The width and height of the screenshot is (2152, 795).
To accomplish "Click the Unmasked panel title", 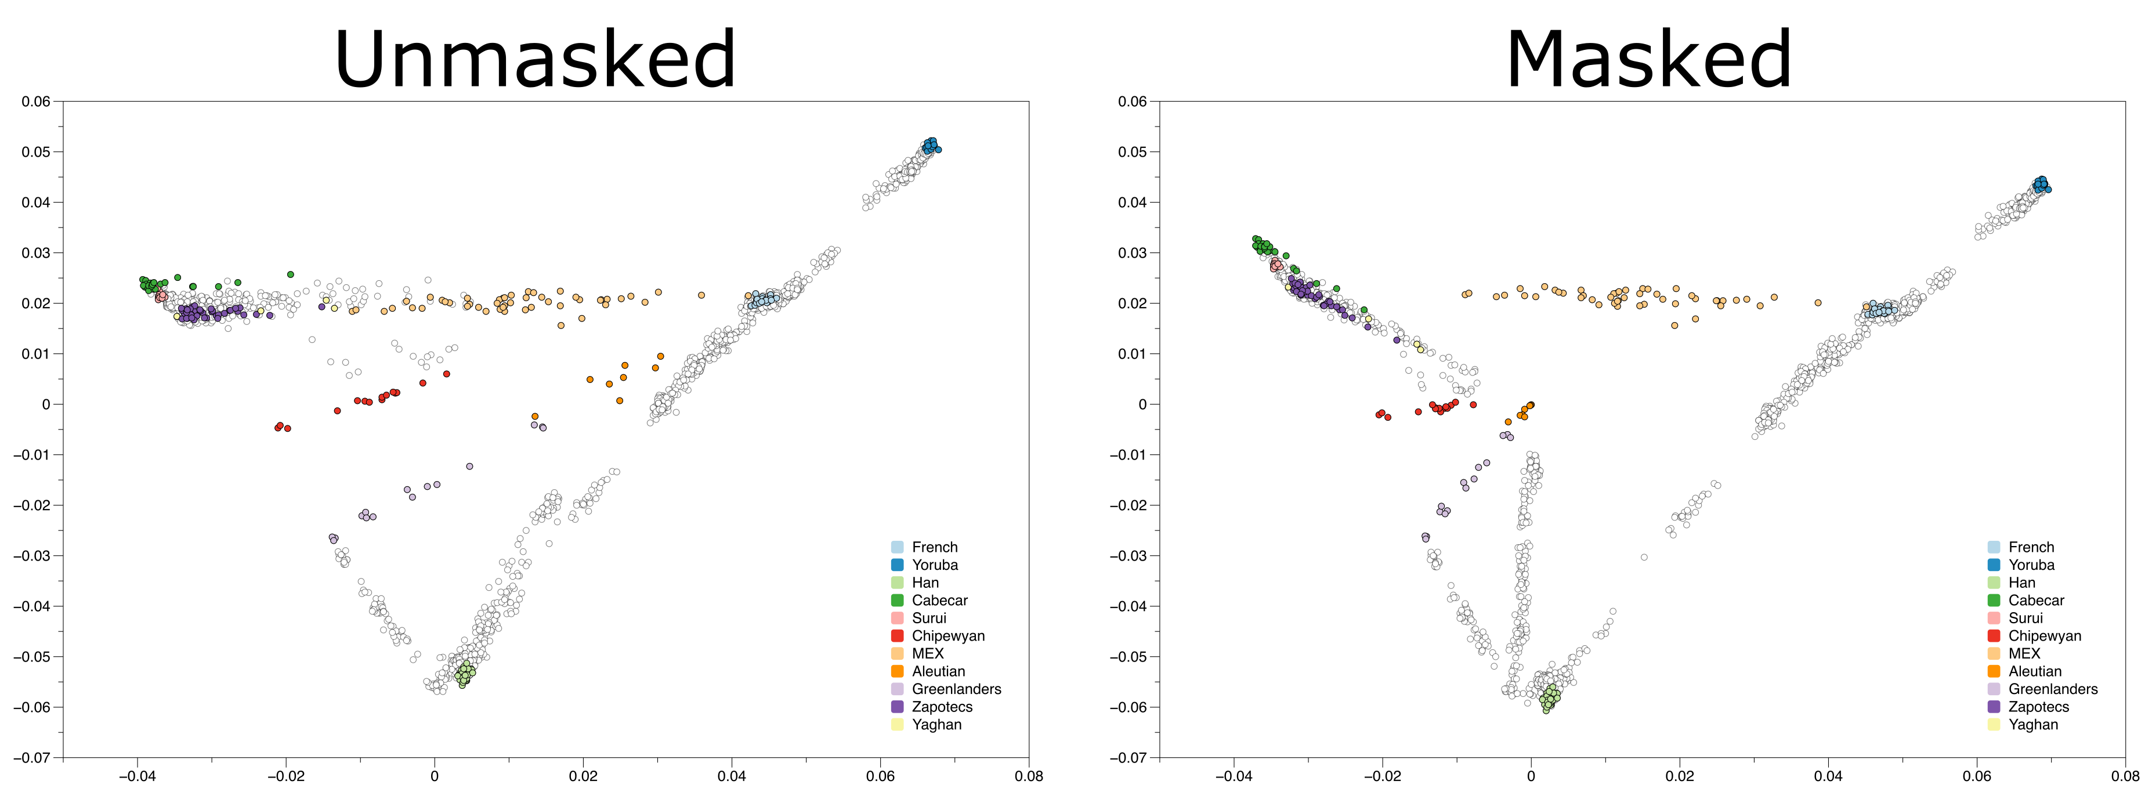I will pyautogui.click(x=534, y=60).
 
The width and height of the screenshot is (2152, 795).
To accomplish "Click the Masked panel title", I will pyautogui.click(x=1648, y=60).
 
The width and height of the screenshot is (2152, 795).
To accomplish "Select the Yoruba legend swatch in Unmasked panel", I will pyautogui.click(x=897, y=565).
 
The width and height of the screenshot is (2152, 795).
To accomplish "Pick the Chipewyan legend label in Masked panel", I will pyautogui.click(x=2044, y=635).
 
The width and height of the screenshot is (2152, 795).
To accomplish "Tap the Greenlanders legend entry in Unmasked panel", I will pyautogui.click(x=956, y=689).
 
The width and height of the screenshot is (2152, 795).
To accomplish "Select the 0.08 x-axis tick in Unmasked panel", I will pyautogui.click(x=1028, y=776).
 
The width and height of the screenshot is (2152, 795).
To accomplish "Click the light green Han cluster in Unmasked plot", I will pyautogui.click(x=465, y=672).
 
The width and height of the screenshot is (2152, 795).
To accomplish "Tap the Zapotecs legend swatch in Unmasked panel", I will pyautogui.click(x=897, y=706).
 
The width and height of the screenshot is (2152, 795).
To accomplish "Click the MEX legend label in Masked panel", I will pyautogui.click(x=2023, y=653).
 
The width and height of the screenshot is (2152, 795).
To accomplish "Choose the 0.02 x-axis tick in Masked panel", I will pyautogui.click(x=1679, y=776).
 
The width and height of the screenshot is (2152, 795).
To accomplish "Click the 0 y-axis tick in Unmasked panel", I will pyautogui.click(x=46, y=404).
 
